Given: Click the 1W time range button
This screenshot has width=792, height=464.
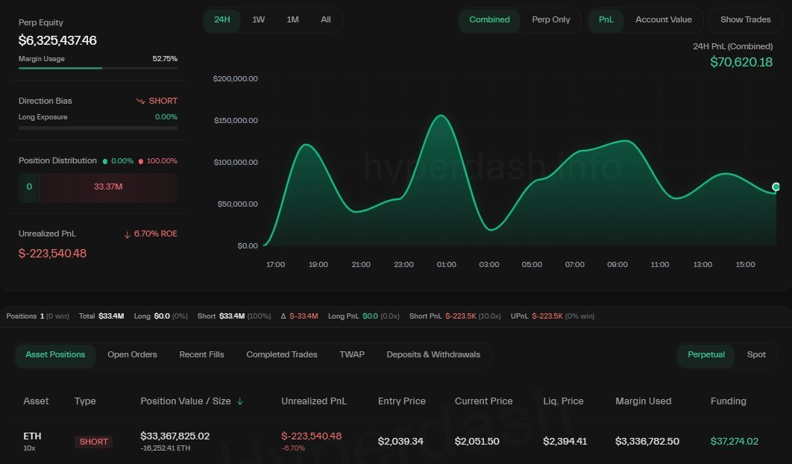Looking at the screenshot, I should (258, 19).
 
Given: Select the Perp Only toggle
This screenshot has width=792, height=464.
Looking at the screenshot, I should (551, 19).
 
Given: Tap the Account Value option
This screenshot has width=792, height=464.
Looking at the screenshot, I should (663, 19).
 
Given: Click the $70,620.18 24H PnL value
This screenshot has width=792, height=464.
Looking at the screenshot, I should (741, 62).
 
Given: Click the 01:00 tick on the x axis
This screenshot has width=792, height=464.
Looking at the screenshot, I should (447, 265).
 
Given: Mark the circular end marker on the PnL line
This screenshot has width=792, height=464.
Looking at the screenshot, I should (776, 186).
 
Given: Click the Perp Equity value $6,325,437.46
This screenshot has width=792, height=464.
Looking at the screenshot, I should (57, 40).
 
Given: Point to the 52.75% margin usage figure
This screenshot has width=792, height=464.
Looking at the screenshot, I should (165, 59).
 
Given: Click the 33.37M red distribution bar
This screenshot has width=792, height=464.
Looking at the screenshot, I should (108, 186).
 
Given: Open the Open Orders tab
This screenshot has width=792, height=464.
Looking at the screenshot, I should (132, 354).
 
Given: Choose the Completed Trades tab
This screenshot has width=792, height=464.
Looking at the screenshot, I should (281, 354).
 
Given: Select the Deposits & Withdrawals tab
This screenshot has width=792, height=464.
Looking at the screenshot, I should (433, 354).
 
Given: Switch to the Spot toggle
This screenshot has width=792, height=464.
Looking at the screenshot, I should (756, 354).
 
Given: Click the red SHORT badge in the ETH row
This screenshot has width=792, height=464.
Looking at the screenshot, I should (94, 442).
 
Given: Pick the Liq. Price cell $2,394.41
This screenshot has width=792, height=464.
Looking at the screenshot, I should (565, 441).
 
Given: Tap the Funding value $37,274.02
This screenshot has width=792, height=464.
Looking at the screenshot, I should (734, 441).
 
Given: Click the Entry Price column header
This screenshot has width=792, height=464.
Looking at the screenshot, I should (402, 401).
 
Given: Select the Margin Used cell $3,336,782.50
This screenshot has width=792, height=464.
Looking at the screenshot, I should (647, 441).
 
